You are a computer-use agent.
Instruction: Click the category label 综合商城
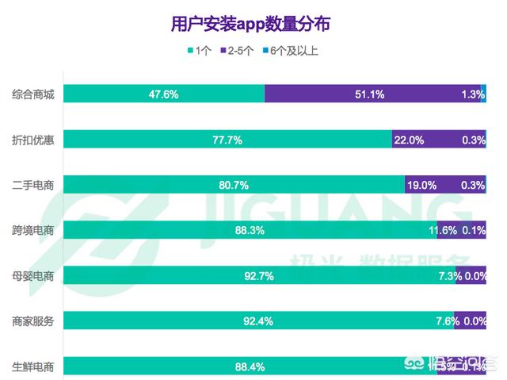pyautogui.click(x=32, y=94)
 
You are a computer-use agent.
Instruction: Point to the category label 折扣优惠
pyautogui.click(x=32, y=140)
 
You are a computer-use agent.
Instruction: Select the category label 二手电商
pyautogui.click(x=32, y=185)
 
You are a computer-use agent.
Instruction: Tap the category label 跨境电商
pyautogui.click(x=32, y=230)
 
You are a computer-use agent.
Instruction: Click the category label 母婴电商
pyautogui.click(x=32, y=276)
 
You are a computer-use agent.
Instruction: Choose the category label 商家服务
pyautogui.click(x=32, y=321)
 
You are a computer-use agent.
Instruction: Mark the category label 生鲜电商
pyautogui.click(x=32, y=367)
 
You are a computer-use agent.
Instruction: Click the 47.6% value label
pyautogui.click(x=164, y=94)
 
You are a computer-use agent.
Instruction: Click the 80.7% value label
pyautogui.click(x=234, y=185)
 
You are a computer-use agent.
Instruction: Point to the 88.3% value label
pyautogui.click(x=250, y=230)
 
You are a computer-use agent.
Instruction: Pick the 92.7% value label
pyautogui.click(x=259, y=276)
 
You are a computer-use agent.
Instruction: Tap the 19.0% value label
pyautogui.click(x=421, y=185)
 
